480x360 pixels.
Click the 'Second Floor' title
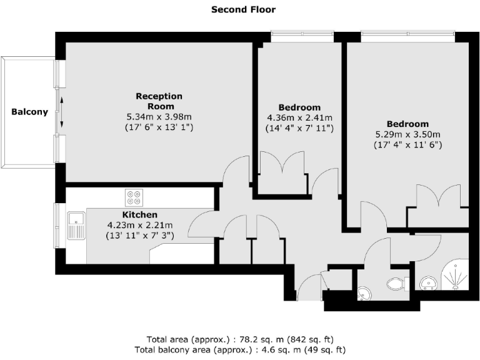243,9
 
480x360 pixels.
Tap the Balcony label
29,112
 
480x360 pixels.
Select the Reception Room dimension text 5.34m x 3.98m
159,117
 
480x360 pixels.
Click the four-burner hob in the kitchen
133,197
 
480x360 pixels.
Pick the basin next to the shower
429,284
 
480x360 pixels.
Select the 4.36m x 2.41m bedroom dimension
299,117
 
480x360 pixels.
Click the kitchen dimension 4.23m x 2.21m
139,225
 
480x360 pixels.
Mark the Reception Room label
159,101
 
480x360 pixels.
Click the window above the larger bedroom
406,37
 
